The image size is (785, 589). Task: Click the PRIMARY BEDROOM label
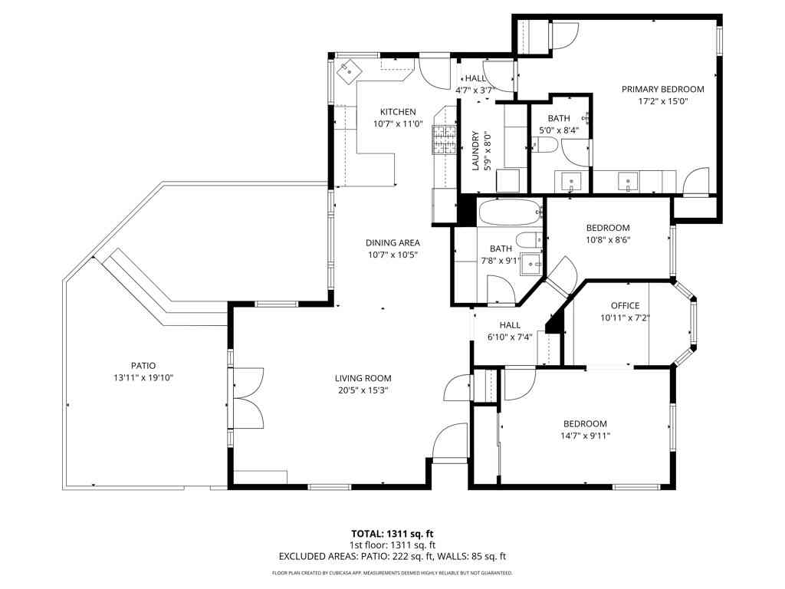pos(663,89)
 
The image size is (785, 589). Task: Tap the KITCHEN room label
pos(398,112)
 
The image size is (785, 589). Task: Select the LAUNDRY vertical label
pos(475,151)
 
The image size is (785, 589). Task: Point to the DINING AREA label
pos(392,243)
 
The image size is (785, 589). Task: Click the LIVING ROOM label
pos(363,379)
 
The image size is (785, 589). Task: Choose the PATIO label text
pos(143,366)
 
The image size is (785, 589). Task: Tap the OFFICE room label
pos(626,305)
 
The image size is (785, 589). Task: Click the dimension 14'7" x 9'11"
pos(585,436)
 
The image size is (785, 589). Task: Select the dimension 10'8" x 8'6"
pos(608,240)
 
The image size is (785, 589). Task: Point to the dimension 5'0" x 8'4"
pos(559,130)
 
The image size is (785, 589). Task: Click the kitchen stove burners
pos(445,140)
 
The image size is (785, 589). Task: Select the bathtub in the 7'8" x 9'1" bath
pos(510,212)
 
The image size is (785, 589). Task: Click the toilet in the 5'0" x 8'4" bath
pos(545,146)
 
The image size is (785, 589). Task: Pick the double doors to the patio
pos(248,399)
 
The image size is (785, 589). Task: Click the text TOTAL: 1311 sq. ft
pos(392,534)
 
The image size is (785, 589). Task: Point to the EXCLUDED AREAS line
pos(392,557)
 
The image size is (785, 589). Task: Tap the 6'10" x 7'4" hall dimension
pos(510,337)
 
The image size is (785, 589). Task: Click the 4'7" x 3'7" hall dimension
pos(475,90)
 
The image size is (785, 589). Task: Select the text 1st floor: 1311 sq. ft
pos(392,545)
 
